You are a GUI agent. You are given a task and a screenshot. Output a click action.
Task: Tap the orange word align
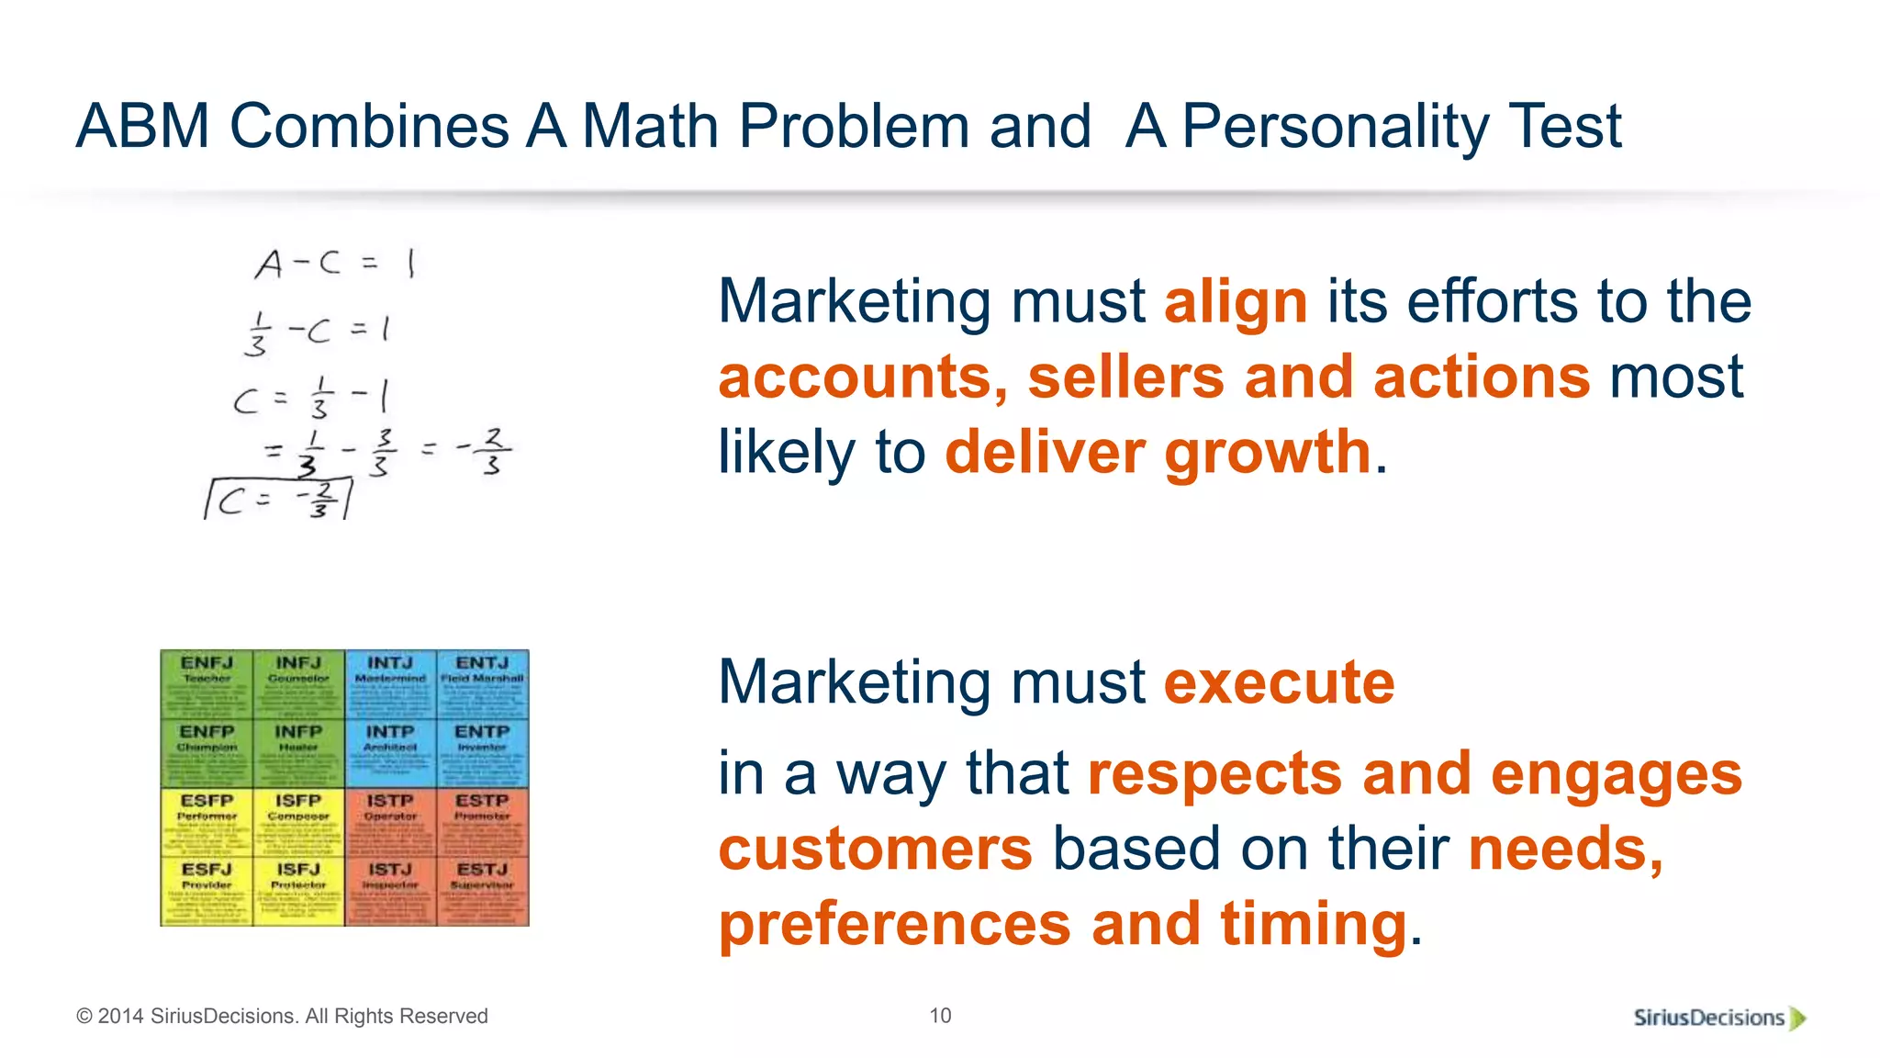coord(1236,302)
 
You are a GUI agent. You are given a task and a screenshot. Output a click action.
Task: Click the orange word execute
coord(1279,682)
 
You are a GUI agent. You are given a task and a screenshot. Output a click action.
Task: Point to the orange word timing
coord(1313,923)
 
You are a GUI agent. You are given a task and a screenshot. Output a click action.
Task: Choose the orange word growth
coord(1268,453)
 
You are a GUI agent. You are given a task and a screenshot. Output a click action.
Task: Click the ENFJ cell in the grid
coord(207,684)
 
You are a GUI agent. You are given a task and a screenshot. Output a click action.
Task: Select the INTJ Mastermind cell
coord(390,684)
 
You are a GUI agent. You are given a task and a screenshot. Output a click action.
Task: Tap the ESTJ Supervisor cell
coord(483,891)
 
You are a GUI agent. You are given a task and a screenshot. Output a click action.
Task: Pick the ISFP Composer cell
coord(298,822)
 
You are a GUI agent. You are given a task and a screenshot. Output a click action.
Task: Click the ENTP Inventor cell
coord(483,753)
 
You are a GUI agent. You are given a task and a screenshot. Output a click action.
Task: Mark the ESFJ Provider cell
coord(207,891)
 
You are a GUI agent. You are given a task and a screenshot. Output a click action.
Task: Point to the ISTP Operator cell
coord(390,822)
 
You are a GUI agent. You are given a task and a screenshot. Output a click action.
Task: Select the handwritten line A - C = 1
coord(335,264)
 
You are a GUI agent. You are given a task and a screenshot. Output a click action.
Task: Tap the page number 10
coord(940,1016)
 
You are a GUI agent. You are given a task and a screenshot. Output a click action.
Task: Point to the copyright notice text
coord(282,1017)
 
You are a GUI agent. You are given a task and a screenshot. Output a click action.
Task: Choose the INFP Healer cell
coord(298,753)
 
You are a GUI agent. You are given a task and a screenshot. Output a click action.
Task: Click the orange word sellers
coord(1125,377)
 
